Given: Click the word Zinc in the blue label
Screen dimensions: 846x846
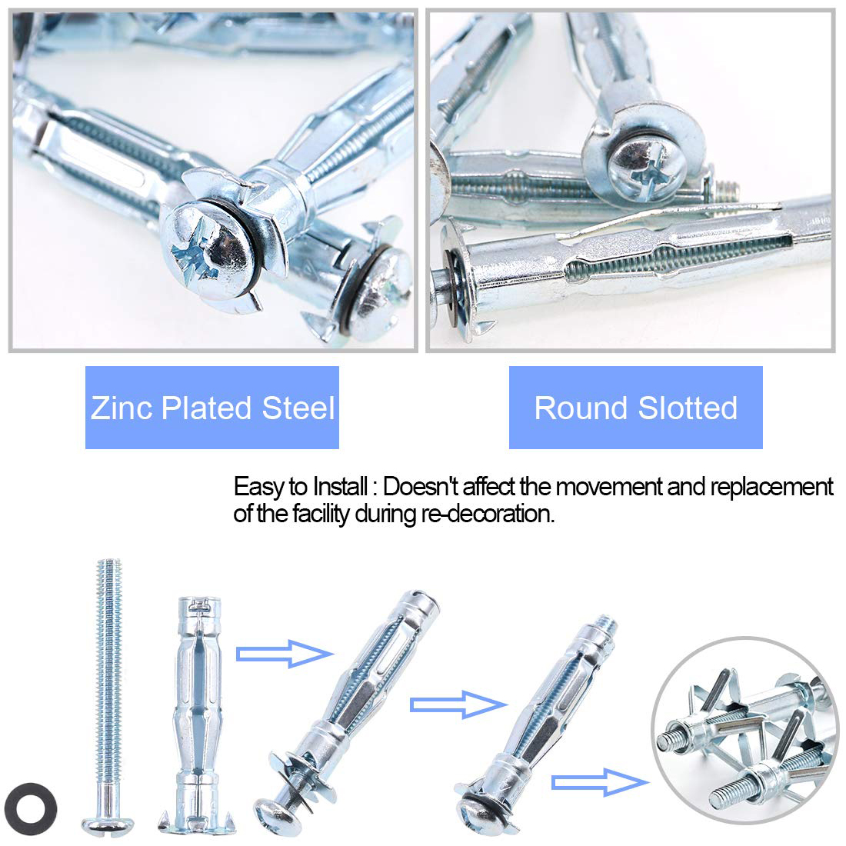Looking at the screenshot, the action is tap(122, 408).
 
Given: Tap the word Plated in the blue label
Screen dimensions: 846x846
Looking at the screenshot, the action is tap(207, 408).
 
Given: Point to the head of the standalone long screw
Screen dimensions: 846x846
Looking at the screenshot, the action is tap(108, 824).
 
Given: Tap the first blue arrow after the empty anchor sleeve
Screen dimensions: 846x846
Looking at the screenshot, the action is tap(285, 654).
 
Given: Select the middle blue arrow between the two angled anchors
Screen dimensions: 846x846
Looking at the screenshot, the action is tap(458, 704).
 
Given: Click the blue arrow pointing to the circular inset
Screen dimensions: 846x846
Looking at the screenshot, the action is tap(600, 782).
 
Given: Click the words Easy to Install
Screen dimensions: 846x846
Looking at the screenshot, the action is tap(301, 487).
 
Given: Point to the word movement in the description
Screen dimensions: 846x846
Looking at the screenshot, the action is tap(610, 487).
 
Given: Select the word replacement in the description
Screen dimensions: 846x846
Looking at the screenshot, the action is tap(771, 488).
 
